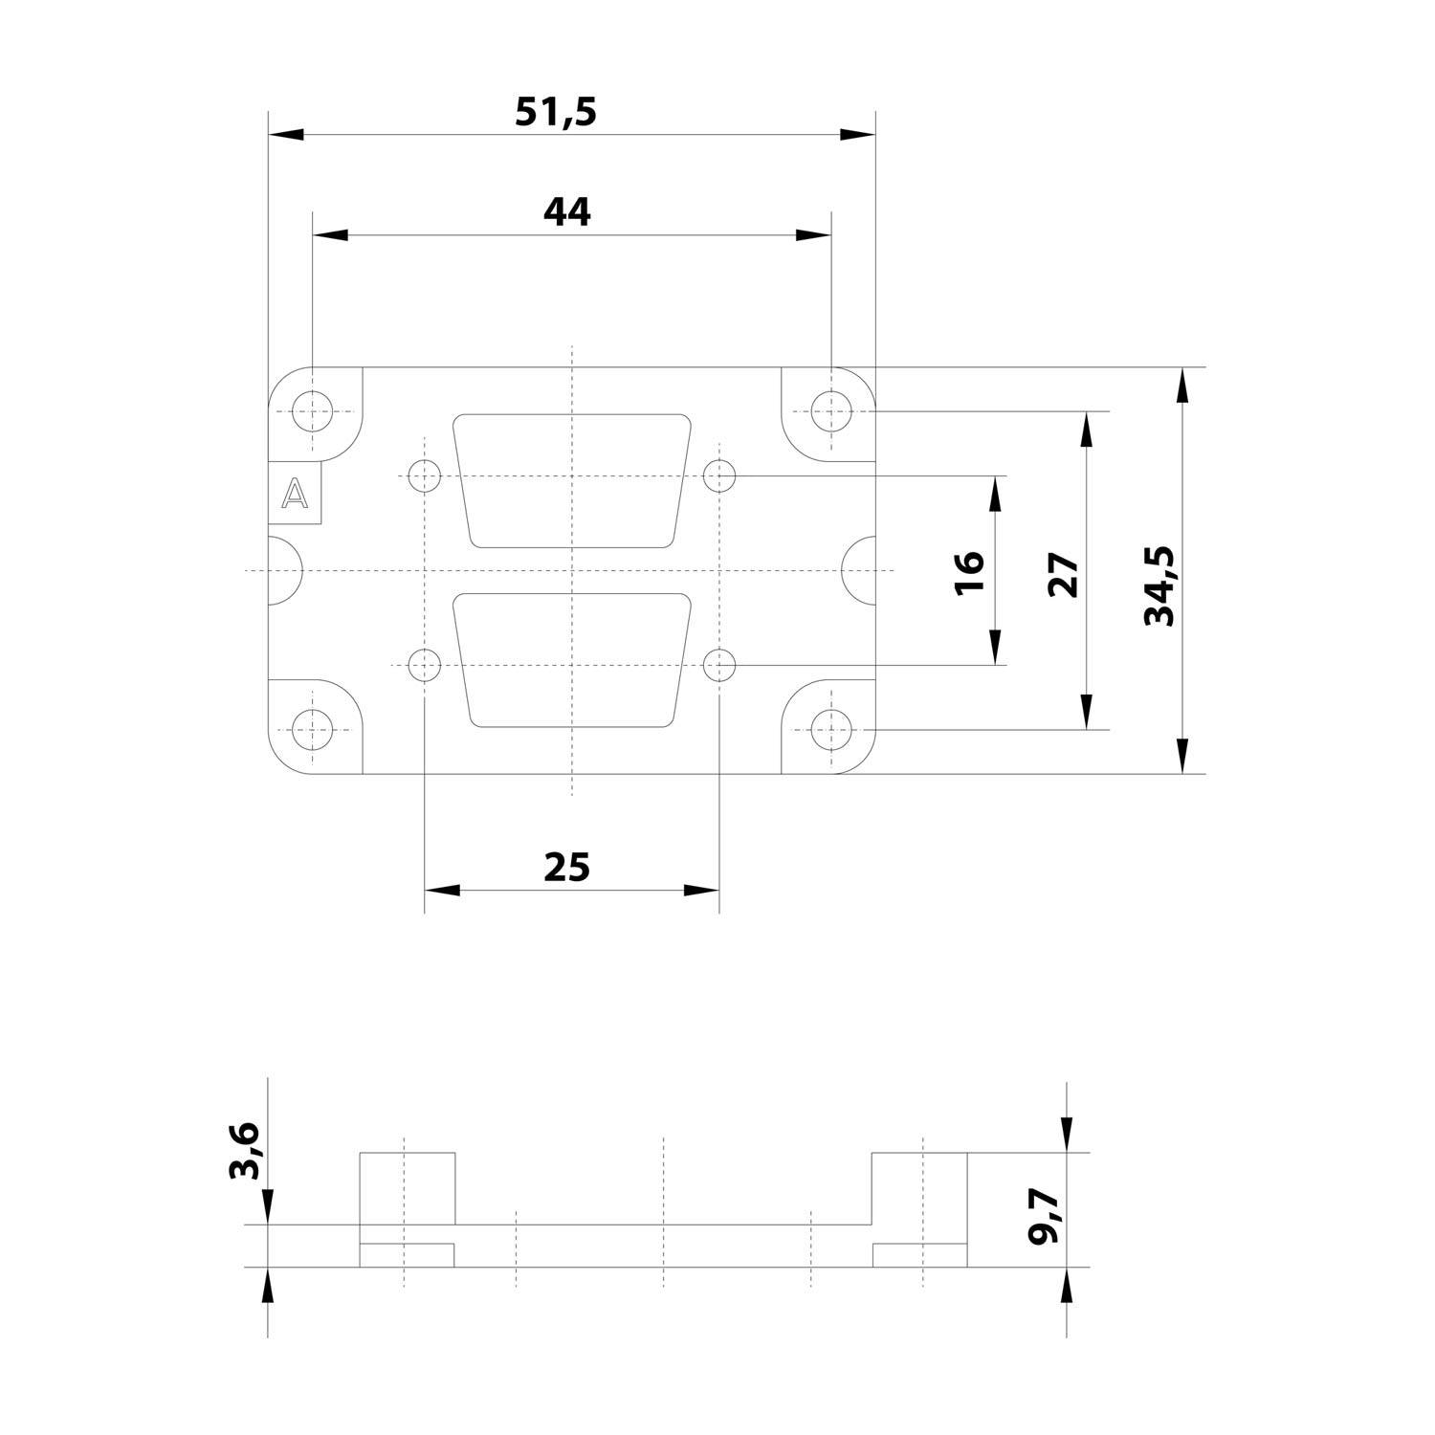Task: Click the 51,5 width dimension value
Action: pos(556,112)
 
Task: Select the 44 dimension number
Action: pos(567,211)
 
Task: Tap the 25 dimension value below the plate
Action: pos(567,867)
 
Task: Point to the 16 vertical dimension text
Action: pos(969,572)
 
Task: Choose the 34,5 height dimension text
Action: pos(1159,586)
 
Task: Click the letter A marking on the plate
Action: pos(296,495)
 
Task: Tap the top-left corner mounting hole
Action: pos(312,412)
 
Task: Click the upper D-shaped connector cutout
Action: pos(572,480)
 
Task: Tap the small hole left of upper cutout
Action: pos(423,475)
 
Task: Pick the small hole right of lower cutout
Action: pos(718,663)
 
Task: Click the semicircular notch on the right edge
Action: pos(860,570)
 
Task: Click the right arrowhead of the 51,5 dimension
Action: pos(857,135)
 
